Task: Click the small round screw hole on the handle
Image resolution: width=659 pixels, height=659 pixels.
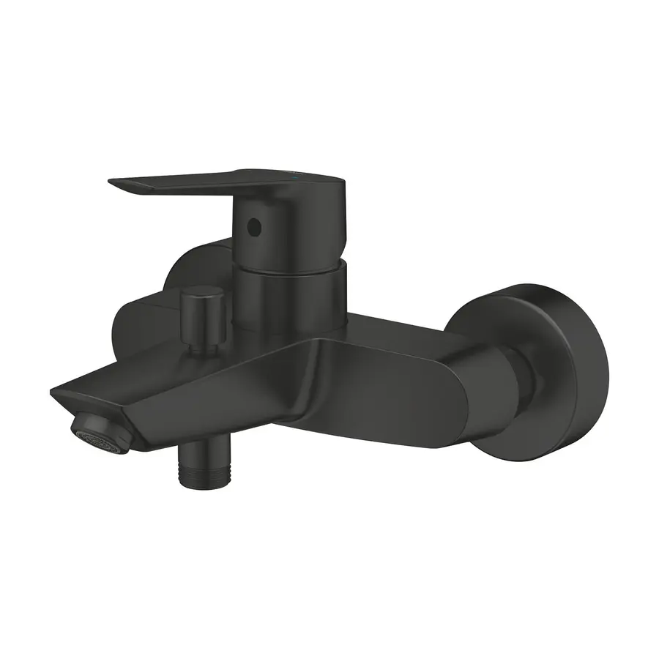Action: click(254, 227)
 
